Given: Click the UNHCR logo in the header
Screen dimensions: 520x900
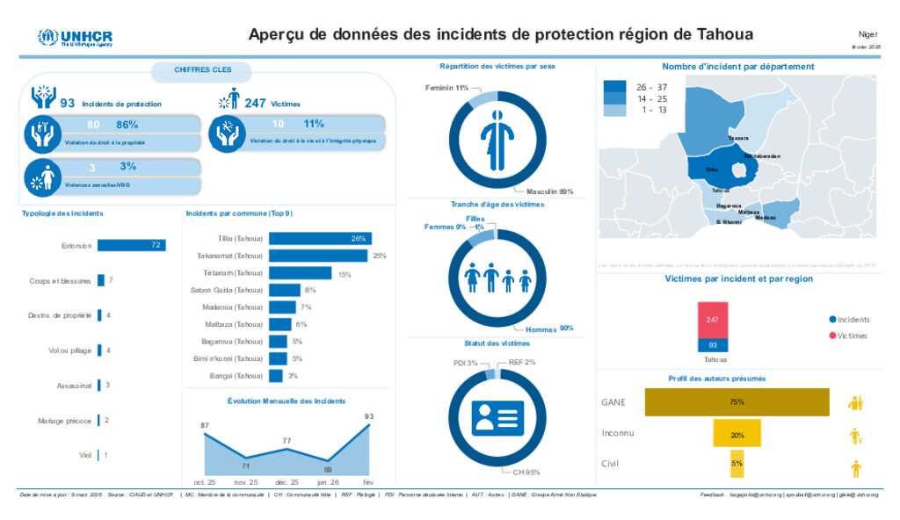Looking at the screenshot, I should pos(75,38).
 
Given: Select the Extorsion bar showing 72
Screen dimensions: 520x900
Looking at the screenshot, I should pos(131,246).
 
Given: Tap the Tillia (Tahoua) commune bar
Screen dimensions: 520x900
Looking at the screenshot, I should pos(320,239).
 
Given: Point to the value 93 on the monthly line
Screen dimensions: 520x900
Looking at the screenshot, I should pos(369,416).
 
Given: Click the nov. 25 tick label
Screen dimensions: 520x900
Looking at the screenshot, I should pos(246,482).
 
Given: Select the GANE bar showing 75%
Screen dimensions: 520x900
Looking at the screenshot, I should pos(737,402).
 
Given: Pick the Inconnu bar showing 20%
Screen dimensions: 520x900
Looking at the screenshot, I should pos(737,434).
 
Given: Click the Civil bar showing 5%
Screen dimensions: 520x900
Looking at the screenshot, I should pos(737,463).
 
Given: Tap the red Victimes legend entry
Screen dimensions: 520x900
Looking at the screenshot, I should pos(848,336).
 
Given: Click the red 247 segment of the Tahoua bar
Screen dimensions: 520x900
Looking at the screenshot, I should pos(713,320).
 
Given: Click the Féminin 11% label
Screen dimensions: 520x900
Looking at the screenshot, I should pos(446,88).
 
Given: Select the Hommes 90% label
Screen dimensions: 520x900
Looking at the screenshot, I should pos(549,329).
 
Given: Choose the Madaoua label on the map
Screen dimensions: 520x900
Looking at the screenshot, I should pos(765,217).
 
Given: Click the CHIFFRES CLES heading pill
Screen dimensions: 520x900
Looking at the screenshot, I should pos(201,69).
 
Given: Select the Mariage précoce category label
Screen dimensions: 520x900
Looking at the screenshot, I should pos(65,421).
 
